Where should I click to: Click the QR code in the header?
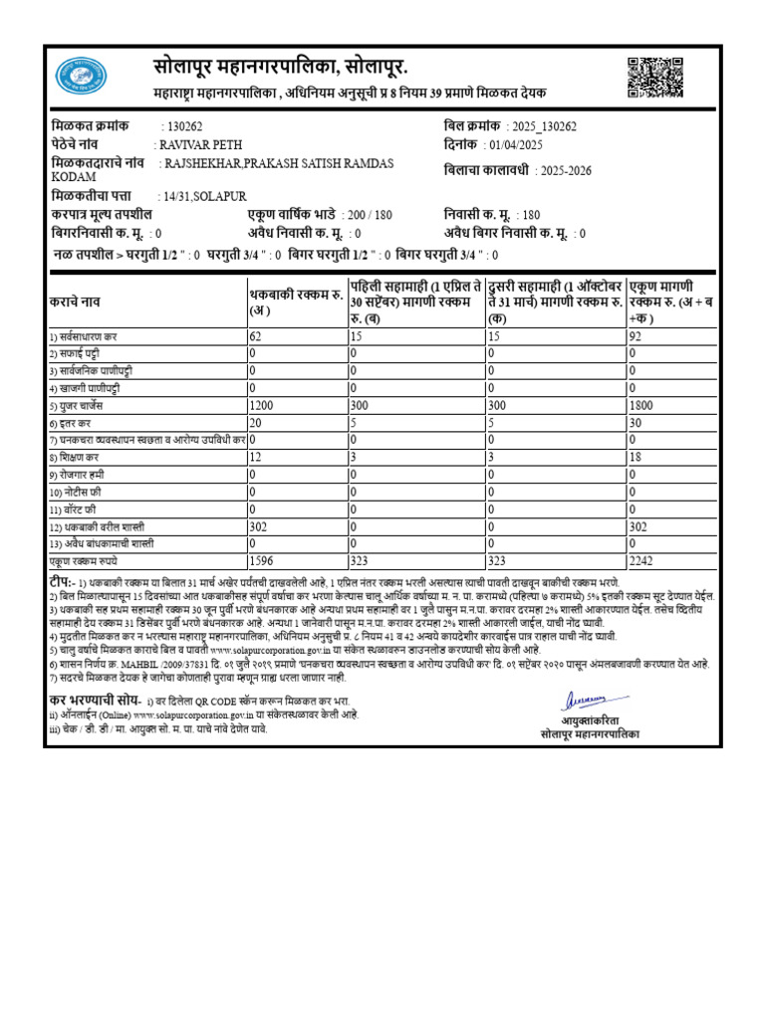click(x=655, y=78)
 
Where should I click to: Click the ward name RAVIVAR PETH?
click(x=199, y=144)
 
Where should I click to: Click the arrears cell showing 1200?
click(x=261, y=406)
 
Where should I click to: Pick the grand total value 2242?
click(x=642, y=560)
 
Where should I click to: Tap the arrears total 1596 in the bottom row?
click(x=261, y=560)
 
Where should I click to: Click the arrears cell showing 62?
click(x=255, y=336)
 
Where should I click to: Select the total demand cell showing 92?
click(x=635, y=336)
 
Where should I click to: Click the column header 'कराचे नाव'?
click(x=74, y=299)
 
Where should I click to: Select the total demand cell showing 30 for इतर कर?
click(x=635, y=423)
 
